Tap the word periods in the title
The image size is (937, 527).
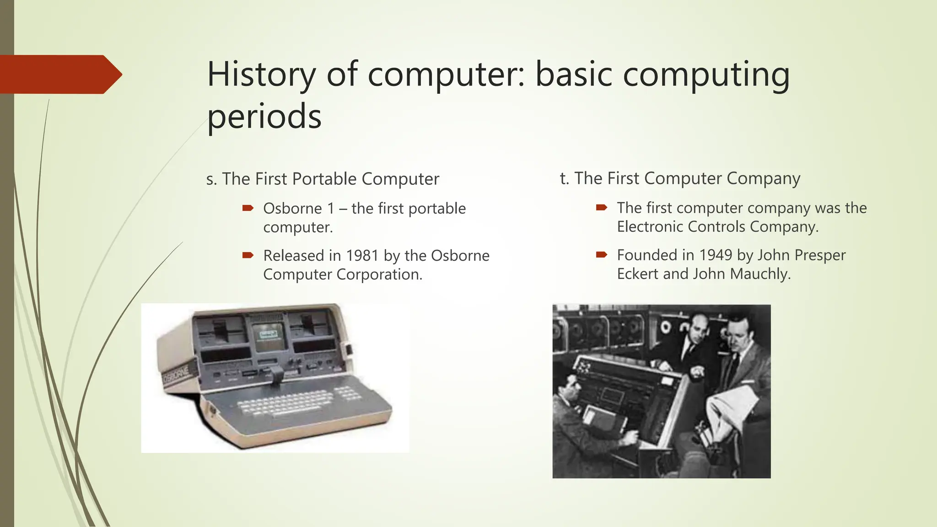[264, 116]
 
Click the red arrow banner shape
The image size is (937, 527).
[59, 74]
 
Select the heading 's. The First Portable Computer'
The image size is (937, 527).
[323, 179]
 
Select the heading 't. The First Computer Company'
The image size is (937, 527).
[680, 178]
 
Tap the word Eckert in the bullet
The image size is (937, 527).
[638, 274]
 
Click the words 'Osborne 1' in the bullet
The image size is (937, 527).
[299, 209]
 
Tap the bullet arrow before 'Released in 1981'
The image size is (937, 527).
[248, 255]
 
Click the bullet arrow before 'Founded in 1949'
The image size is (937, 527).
[601, 255]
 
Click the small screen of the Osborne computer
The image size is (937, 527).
[269, 336]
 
